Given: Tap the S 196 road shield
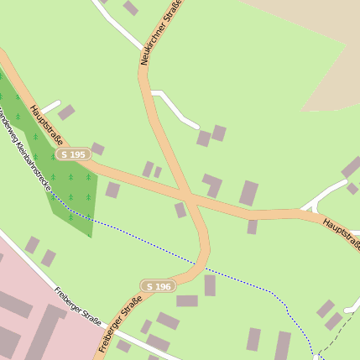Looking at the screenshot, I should click(x=158, y=286).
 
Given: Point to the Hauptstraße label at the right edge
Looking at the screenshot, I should click(x=341, y=234).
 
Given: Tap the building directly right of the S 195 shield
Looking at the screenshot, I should click(x=97, y=149).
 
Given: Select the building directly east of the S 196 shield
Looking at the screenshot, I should click(x=187, y=300).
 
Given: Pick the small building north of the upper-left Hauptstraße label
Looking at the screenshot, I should click(x=66, y=112).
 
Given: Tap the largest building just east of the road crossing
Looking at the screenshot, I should click(x=248, y=193).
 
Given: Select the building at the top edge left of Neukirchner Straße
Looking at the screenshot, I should click(x=130, y=8).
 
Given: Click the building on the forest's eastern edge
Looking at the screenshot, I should click(x=112, y=190).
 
